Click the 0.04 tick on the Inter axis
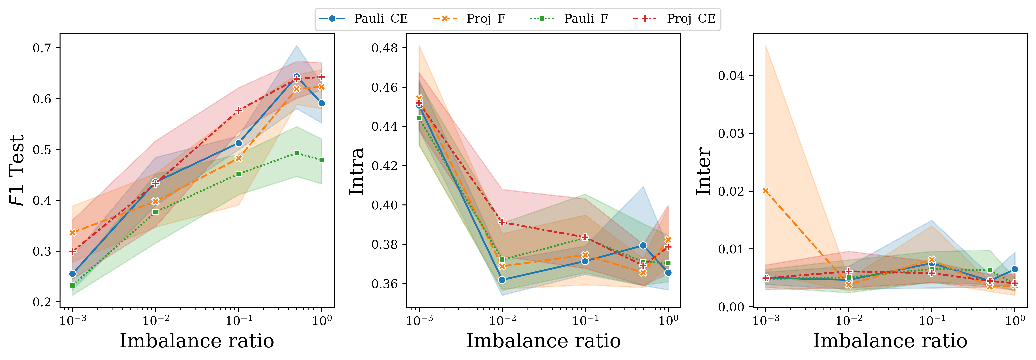731,76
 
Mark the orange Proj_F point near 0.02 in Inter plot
766,191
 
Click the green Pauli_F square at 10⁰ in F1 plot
321,160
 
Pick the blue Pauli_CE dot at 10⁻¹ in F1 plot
238,143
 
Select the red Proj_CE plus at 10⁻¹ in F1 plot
238,110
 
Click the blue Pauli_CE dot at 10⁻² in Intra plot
502,280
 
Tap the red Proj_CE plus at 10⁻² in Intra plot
502,222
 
